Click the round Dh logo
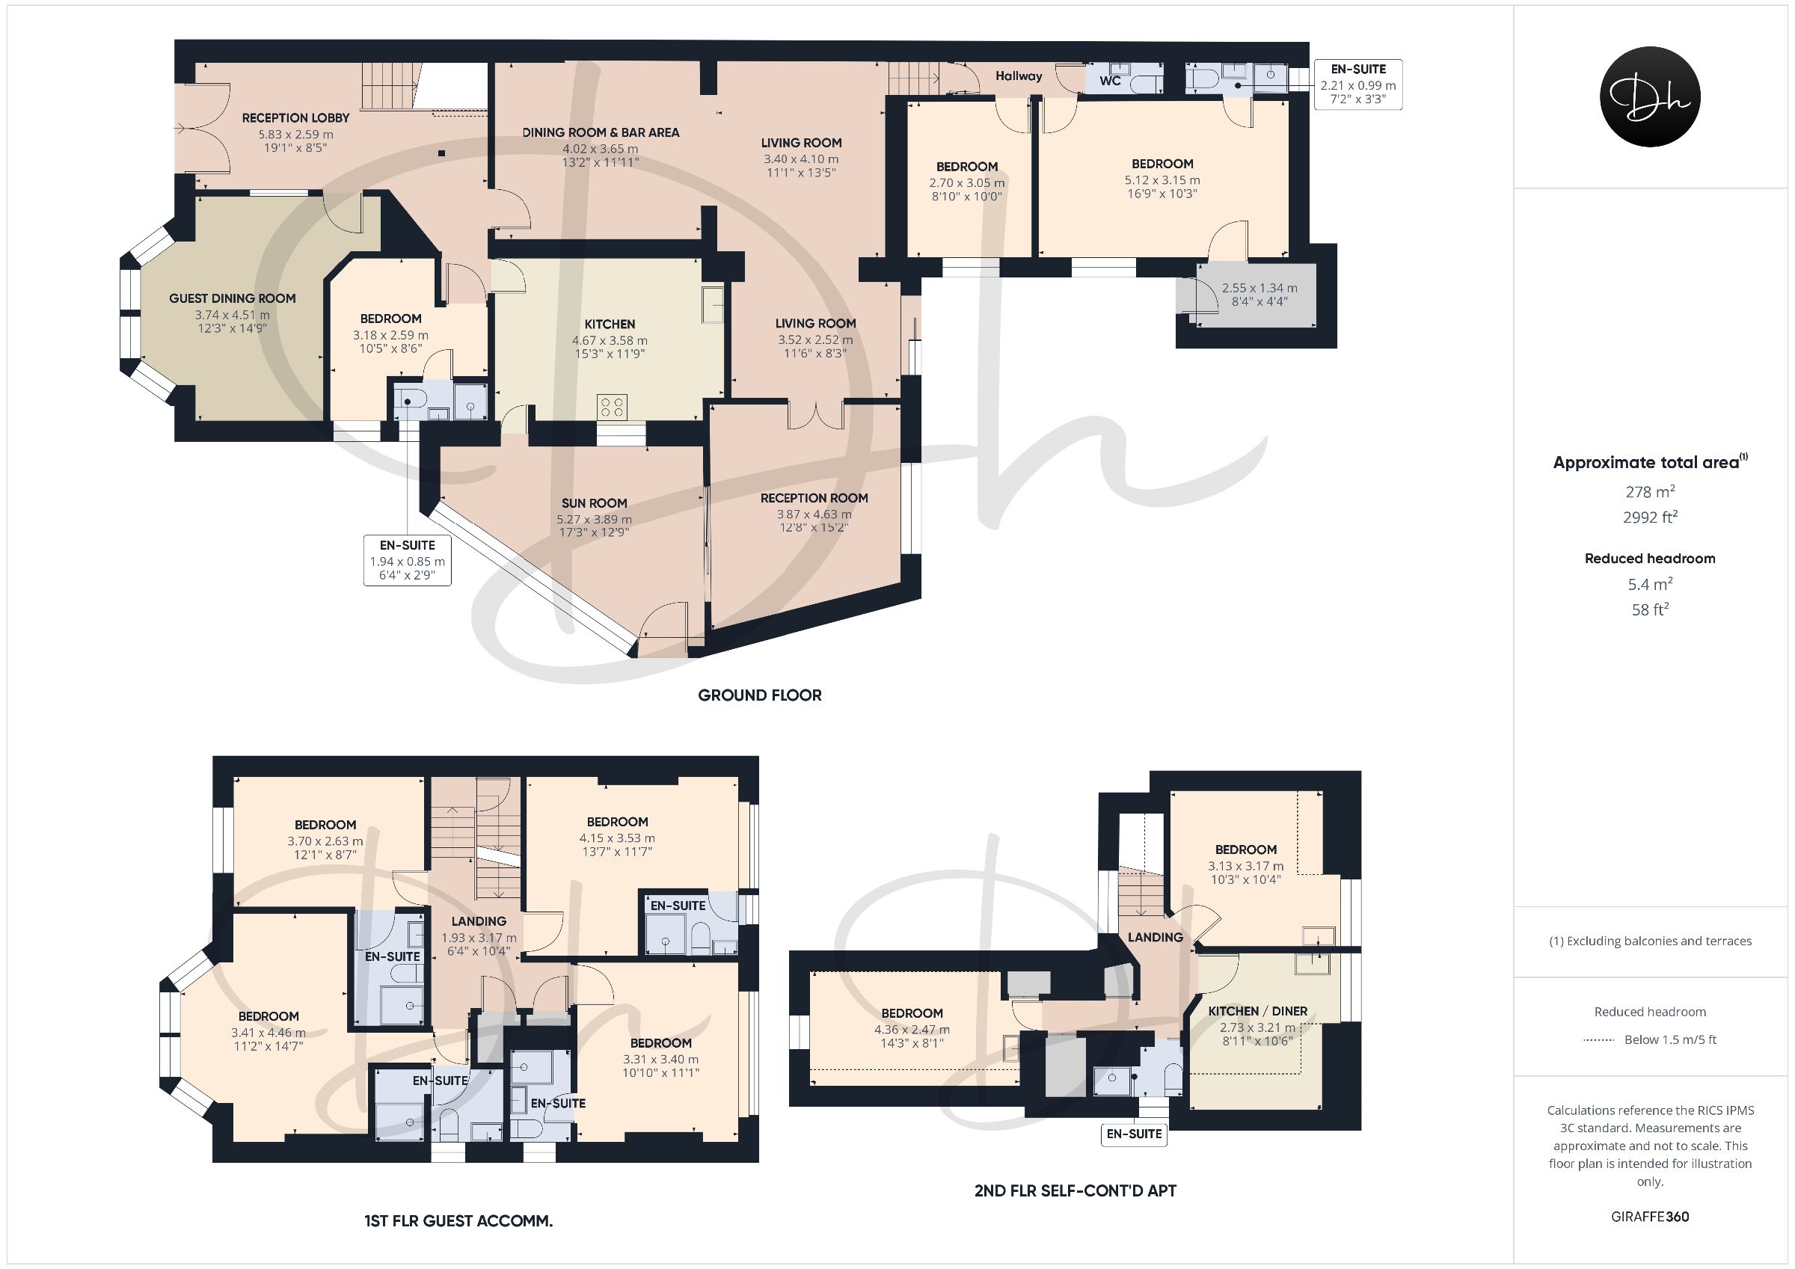1650,96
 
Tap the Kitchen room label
610,324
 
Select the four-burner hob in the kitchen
611,407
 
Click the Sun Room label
594,503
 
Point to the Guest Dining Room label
232,298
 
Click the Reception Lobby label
295,117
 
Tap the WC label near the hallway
1110,81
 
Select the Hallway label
1019,76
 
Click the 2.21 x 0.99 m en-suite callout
1358,85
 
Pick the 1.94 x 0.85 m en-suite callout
408,560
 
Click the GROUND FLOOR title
760,695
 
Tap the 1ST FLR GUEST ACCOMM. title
458,1220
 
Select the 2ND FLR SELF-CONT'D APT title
1075,1190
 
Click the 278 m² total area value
1650,491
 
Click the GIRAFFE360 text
1650,1217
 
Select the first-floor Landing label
479,921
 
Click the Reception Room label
814,498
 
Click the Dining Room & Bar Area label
601,132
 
